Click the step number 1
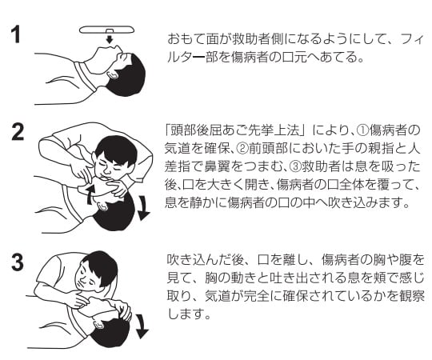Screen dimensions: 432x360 (x=16, y=34)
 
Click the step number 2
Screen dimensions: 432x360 (x=18, y=133)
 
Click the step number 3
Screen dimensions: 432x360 (x=18, y=262)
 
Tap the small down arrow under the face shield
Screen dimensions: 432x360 (x=110, y=39)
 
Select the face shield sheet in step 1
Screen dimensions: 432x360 (x=106, y=30)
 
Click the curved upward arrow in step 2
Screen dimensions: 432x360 (x=90, y=194)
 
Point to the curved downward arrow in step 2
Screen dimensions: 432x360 (x=143, y=208)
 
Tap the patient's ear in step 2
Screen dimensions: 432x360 (x=101, y=206)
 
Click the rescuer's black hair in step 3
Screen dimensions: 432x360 (x=102, y=269)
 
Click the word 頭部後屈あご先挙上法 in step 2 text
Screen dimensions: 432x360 (x=234, y=130)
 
